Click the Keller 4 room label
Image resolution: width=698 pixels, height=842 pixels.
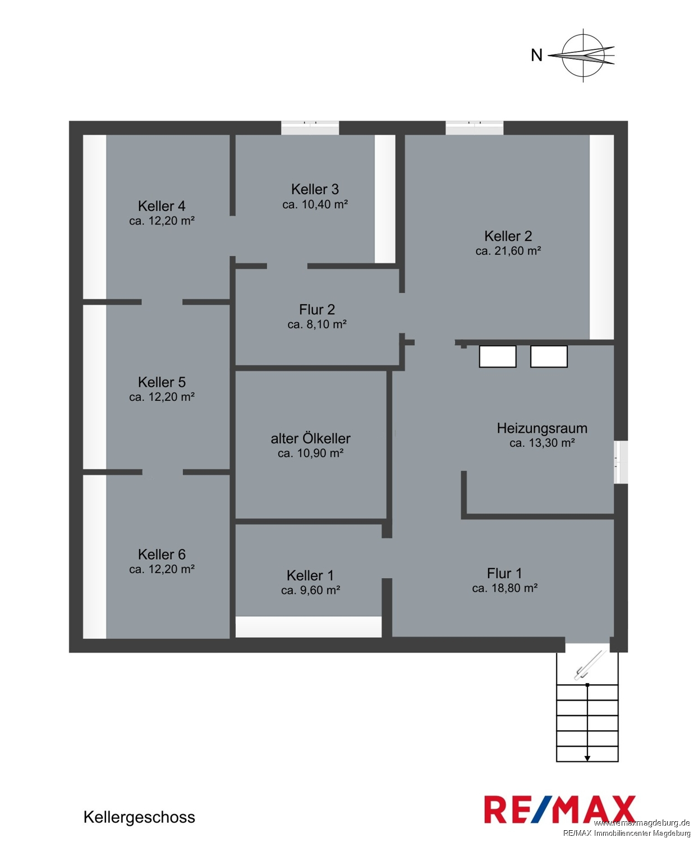(162, 206)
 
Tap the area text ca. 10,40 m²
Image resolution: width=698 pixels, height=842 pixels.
(315, 204)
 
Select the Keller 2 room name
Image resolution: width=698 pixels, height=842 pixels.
(508, 236)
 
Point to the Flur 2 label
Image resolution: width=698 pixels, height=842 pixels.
(317, 309)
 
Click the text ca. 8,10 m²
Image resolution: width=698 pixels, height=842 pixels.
(317, 324)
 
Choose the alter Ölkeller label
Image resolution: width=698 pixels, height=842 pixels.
(310, 438)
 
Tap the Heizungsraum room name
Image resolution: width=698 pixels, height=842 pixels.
(542, 428)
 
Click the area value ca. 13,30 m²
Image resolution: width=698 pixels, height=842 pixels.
(542, 443)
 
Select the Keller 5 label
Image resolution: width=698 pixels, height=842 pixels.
(162, 382)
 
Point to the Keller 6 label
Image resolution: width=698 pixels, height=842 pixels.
(162, 555)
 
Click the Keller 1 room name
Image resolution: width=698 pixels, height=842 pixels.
(310, 575)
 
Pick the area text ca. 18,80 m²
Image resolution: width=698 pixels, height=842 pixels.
(505, 588)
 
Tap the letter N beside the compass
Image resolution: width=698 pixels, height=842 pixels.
(536, 55)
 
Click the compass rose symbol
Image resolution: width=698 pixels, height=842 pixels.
(583, 56)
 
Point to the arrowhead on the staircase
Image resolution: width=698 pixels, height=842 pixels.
(587, 758)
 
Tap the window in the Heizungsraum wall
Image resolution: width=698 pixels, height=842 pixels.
(621, 462)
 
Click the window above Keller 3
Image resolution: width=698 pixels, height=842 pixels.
(310, 127)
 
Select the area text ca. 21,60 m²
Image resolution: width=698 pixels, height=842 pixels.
(508, 251)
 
